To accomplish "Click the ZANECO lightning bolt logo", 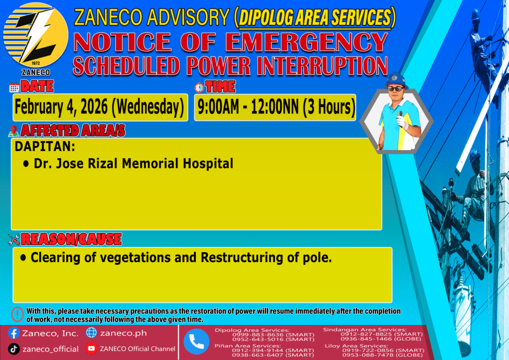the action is tap(36, 35).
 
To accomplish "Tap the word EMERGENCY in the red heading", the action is tap(306, 43).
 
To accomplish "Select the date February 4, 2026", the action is tap(61, 107).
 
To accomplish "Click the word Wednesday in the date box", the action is tap(148, 107).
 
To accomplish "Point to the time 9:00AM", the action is tap(219, 107).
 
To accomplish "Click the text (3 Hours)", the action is tap(329, 107).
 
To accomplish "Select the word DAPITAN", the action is tap(45, 146).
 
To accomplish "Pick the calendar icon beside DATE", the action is tap(14, 88).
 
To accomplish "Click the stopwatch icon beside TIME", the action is tap(199, 88).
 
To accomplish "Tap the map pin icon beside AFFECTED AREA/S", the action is tap(13, 131).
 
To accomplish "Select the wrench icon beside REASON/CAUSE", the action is tap(14, 240).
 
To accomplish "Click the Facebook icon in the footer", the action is tap(13, 333).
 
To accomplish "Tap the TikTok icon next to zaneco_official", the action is tap(13, 349).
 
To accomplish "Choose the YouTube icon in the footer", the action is tap(91, 349).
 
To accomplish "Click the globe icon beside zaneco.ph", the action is tap(91, 333).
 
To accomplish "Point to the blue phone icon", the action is tap(196, 342).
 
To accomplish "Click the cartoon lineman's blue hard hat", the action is tap(396, 80).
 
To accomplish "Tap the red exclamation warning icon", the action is tap(17, 314).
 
